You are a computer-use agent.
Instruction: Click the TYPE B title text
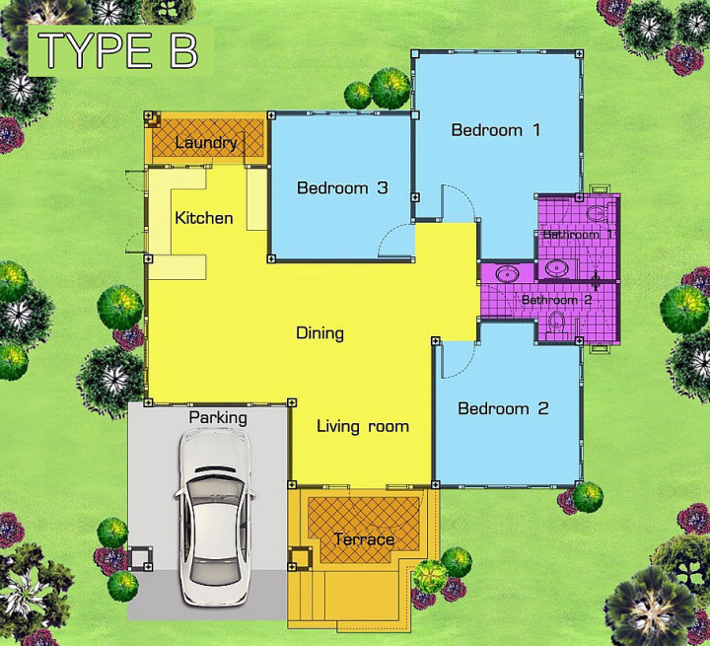click(x=117, y=50)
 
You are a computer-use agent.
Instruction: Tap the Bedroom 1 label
click(x=496, y=130)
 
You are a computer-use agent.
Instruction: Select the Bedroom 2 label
click(x=503, y=408)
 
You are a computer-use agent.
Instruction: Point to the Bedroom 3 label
click(x=342, y=187)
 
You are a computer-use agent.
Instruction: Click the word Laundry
click(x=206, y=143)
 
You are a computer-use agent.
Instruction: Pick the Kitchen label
click(x=204, y=218)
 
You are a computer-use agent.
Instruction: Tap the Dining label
click(x=320, y=333)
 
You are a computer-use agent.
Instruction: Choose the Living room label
click(x=363, y=426)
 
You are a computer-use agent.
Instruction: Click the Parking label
click(x=218, y=417)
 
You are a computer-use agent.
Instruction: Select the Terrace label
click(x=364, y=539)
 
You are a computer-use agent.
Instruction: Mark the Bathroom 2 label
click(x=556, y=300)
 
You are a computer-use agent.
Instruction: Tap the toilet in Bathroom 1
click(x=597, y=212)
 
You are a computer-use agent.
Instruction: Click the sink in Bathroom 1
click(x=556, y=268)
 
